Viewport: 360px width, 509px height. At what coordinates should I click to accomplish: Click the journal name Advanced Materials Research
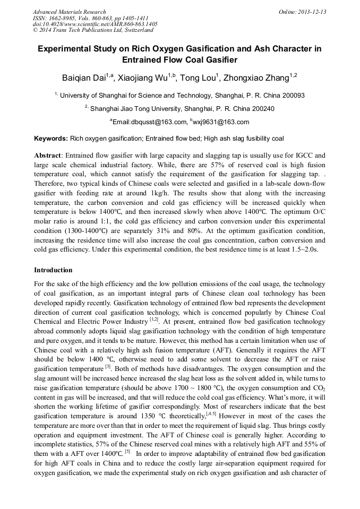[x=69, y=12]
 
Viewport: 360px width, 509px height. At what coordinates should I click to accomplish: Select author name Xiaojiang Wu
[x=143, y=79]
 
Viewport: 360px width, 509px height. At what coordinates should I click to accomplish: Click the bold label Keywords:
[x=51, y=139]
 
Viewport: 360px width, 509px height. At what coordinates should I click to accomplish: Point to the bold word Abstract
[x=47, y=155]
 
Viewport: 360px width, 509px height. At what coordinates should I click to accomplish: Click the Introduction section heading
[x=53, y=270]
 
